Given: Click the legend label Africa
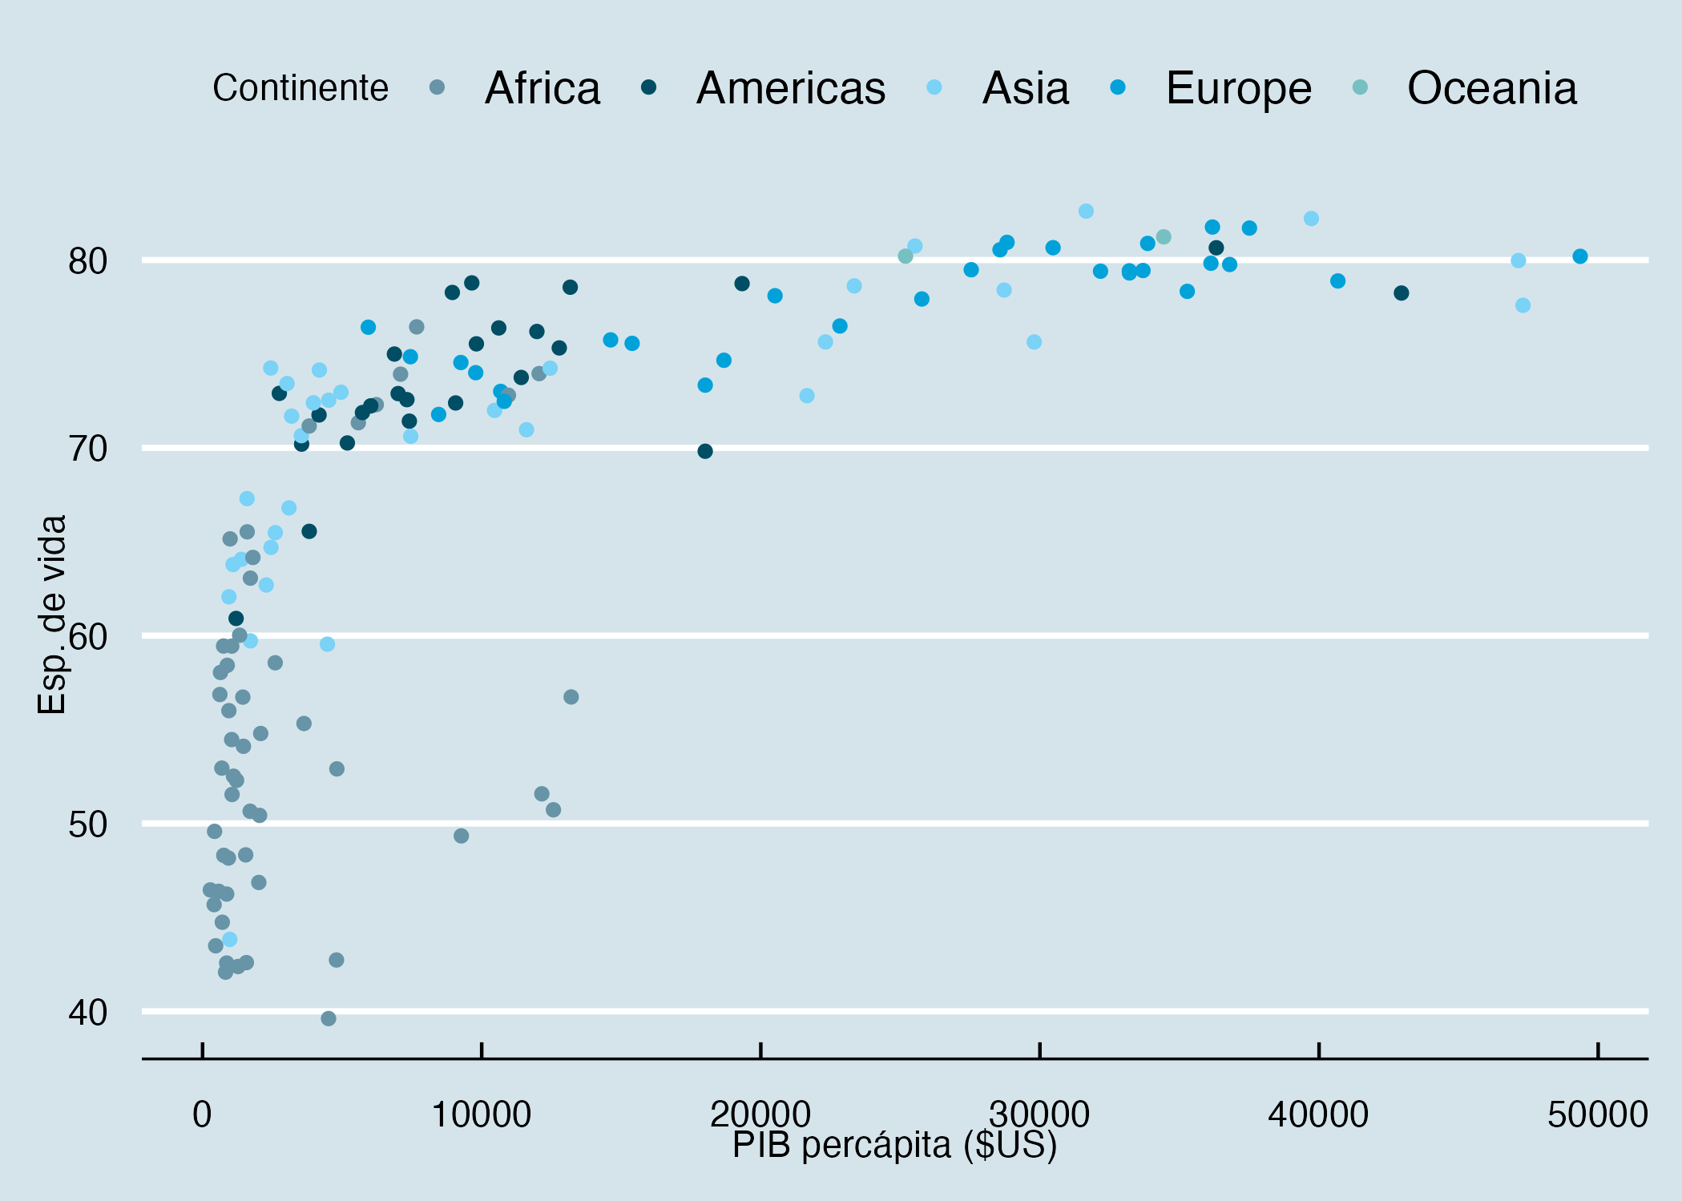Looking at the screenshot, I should pos(542,88).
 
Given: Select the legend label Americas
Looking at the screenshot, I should pos(790,88).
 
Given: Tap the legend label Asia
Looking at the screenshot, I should pos(1025,88).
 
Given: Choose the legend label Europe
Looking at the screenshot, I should pos(1238,88).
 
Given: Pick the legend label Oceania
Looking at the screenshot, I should pos(1491,88).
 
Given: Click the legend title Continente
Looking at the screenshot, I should pos(300,88).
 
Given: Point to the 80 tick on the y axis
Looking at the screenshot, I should pos(87,261).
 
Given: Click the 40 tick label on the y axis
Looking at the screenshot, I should pos(87,1013).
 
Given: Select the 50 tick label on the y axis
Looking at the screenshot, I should pos(87,824).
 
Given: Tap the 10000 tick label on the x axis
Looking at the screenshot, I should pos(481,1114).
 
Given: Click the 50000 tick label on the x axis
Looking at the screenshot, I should pos(1597,1114).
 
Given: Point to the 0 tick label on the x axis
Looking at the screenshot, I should pos(202,1114).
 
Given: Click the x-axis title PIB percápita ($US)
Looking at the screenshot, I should pos(894,1146).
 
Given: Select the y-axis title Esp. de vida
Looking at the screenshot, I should pos(52,615).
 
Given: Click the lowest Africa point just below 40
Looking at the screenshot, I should pos(329,1018).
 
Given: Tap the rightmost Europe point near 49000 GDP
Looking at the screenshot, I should pos(1580,256).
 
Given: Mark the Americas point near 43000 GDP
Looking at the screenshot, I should pos(1402,293).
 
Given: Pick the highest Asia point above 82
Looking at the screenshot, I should pos(1086,212).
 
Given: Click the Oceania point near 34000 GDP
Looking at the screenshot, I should pos(1164,237).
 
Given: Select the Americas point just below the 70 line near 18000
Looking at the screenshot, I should pos(705,451).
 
